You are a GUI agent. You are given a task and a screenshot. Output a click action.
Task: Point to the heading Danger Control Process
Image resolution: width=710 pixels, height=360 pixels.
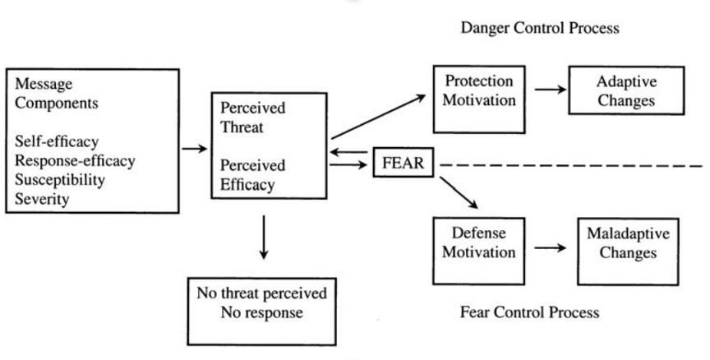[x=540, y=28]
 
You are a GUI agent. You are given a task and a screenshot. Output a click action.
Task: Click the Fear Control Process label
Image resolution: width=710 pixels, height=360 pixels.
[x=530, y=312]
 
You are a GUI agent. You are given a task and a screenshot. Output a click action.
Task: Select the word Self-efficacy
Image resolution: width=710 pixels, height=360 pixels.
[x=57, y=141]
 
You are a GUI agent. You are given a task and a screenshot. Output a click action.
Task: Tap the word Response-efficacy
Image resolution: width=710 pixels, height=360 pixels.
[x=75, y=161]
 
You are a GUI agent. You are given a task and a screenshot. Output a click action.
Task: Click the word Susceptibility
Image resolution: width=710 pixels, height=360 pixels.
[x=60, y=180]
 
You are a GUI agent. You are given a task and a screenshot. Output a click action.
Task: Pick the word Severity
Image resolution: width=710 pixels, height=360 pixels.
[x=42, y=199]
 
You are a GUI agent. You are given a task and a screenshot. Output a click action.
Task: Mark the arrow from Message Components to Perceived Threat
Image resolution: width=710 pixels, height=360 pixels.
[x=195, y=149]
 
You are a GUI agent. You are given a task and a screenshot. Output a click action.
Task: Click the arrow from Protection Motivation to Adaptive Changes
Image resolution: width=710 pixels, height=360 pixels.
[x=551, y=90]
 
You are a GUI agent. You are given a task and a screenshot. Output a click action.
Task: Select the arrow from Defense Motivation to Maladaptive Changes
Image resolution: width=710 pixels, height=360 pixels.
[x=551, y=247]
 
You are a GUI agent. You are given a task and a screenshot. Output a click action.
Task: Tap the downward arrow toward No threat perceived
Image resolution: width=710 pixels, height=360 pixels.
[x=264, y=238]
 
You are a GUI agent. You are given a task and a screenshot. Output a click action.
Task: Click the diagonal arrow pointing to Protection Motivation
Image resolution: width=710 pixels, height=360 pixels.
[x=379, y=117]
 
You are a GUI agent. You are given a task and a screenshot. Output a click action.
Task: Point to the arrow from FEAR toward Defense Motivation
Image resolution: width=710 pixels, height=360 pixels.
[x=459, y=193]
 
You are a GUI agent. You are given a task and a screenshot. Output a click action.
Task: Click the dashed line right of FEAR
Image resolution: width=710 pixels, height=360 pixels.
[x=571, y=166]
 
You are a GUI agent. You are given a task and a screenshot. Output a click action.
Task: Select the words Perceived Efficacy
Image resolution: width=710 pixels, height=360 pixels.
[x=252, y=175]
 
